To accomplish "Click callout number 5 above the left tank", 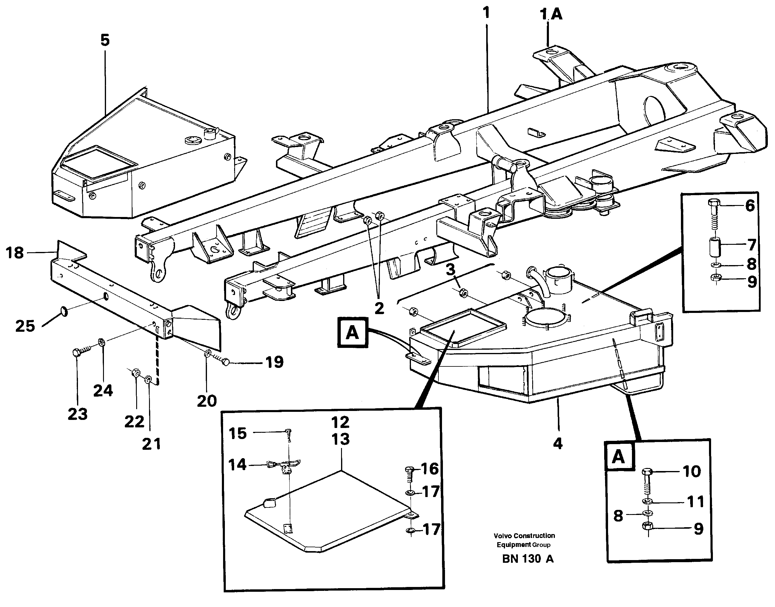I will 105,40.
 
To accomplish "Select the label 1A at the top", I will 551,15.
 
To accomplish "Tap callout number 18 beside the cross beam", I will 15,253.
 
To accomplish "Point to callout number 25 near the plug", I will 25,326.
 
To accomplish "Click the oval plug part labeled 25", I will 64,312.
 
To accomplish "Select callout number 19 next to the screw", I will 274,362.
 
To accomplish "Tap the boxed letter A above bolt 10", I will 619,457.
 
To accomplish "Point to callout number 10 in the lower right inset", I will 692,471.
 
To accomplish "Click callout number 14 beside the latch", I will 237,464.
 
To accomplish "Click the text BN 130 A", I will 527,559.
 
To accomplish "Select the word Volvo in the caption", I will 501,536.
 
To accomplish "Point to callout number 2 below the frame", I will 379,308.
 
